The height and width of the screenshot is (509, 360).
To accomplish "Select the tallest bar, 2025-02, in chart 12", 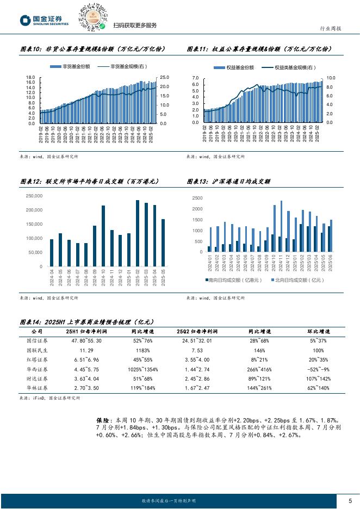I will (x=138, y=233).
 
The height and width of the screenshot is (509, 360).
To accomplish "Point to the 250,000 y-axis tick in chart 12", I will (x=34, y=196).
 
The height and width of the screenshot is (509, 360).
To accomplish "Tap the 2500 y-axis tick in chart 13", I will (x=197, y=198).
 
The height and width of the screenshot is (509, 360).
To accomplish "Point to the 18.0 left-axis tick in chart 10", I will (x=31, y=78).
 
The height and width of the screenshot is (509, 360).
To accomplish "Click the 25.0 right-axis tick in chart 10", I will (x=164, y=78).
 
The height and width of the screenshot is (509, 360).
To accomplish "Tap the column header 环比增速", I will (x=317, y=331).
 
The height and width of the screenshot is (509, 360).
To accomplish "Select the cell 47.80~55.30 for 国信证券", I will (x=83, y=341).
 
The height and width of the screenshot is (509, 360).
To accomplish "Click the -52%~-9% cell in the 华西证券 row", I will (x=317, y=369).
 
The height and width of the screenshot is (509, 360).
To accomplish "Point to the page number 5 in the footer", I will (x=350, y=500).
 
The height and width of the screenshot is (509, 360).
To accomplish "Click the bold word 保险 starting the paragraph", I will (x=102, y=420).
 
